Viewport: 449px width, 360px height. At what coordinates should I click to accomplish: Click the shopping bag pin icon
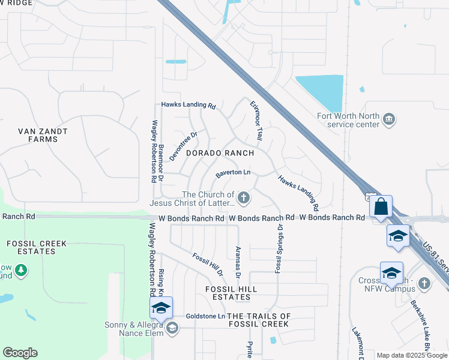(x=381, y=208)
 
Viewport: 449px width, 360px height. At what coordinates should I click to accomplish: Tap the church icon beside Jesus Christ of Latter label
(x=244, y=197)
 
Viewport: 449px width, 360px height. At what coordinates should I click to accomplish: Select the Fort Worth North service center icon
(x=388, y=120)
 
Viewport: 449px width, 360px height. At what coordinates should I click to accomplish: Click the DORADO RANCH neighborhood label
(x=220, y=154)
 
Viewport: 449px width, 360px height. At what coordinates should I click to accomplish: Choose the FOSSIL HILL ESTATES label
(x=231, y=293)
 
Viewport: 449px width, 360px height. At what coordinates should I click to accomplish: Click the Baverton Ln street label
(x=233, y=172)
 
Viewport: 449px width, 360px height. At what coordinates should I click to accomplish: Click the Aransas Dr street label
(x=238, y=263)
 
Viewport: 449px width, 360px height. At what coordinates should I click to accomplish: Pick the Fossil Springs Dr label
(x=278, y=248)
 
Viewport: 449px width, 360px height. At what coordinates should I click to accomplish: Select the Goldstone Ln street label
(x=205, y=316)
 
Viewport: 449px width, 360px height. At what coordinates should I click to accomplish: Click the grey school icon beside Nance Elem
(x=172, y=328)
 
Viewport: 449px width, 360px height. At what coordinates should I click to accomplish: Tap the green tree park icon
(x=22, y=271)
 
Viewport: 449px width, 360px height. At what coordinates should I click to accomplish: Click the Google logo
(x=20, y=353)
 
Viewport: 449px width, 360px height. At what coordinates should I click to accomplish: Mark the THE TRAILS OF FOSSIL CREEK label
(x=259, y=320)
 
